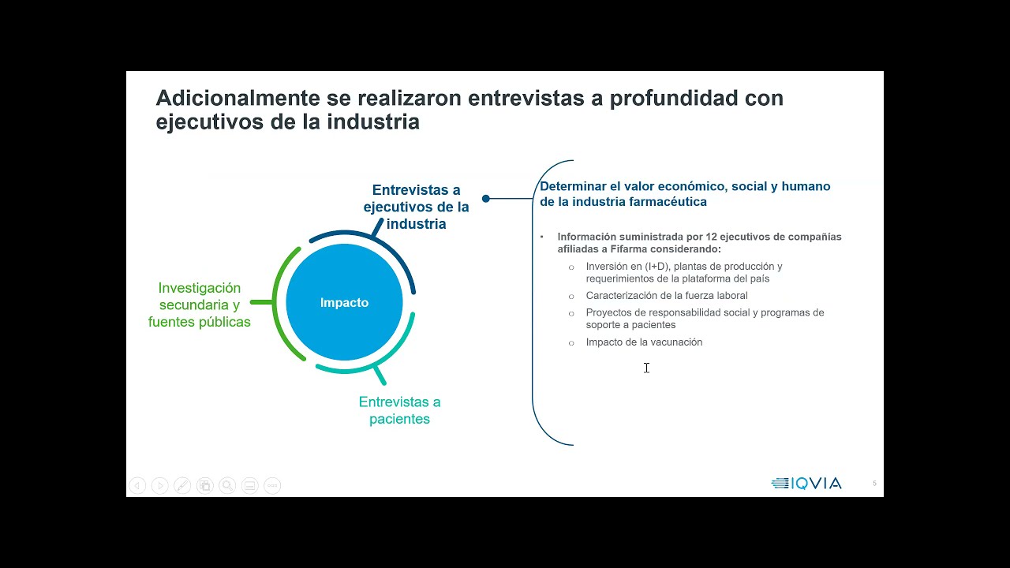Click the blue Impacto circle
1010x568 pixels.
click(x=344, y=303)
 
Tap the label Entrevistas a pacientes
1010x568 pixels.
click(x=399, y=410)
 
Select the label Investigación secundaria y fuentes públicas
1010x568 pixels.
click(x=200, y=305)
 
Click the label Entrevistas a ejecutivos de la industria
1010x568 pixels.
click(x=416, y=207)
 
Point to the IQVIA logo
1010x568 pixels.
click(x=806, y=484)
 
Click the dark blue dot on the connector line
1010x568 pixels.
click(x=486, y=199)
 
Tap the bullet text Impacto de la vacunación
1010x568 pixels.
click(x=644, y=342)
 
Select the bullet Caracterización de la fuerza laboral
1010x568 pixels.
click(x=667, y=296)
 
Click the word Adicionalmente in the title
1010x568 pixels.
click(x=236, y=99)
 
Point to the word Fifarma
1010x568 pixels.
click(x=627, y=249)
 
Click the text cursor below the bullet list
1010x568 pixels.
click(x=646, y=368)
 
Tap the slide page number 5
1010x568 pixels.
click(x=874, y=484)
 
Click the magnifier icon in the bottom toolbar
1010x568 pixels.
click(x=227, y=486)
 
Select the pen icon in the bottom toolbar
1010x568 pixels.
click(x=181, y=486)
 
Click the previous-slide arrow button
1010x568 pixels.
click(x=137, y=486)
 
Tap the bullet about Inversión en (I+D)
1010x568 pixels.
click(x=683, y=272)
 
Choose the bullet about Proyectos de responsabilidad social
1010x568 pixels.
click(x=705, y=319)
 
